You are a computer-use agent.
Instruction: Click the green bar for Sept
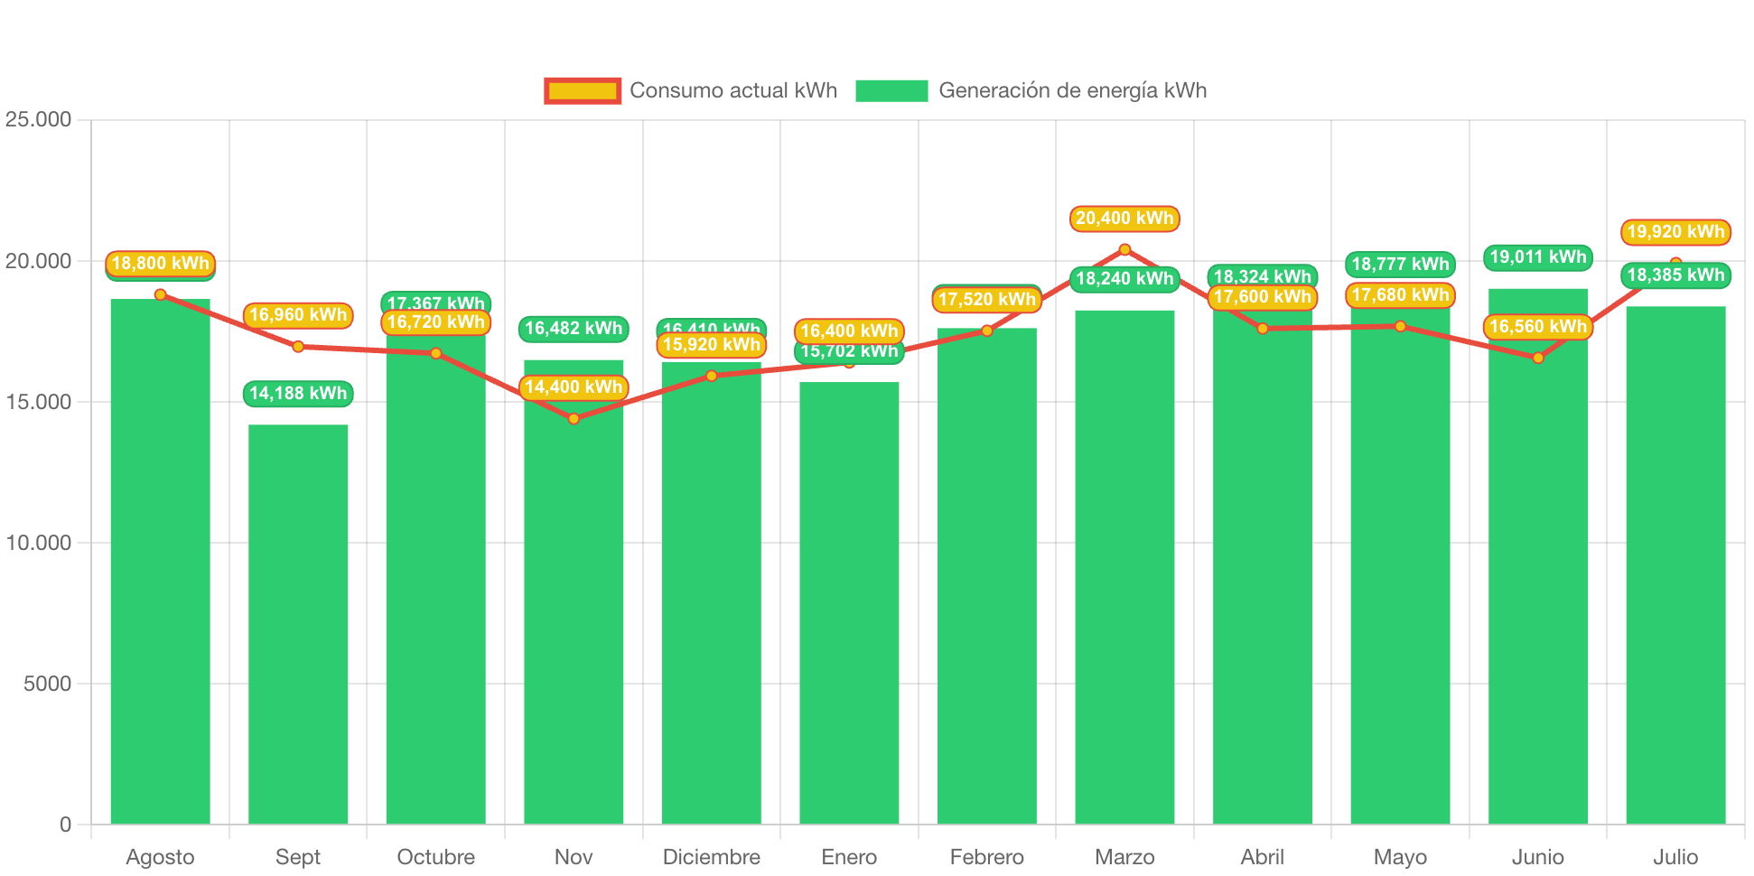tap(298, 623)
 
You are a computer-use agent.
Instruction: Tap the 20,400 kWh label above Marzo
tap(1124, 219)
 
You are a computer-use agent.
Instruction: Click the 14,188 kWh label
tap(298, 394)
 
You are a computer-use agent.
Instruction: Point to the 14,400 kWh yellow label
tap(574, 387)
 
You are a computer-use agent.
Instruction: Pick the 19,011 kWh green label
tap(1538, 257)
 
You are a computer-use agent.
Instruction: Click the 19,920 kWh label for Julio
tap(1675, 232)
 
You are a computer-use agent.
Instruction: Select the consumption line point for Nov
tap(574, 419)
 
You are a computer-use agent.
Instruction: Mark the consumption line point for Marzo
tap(1124, 249)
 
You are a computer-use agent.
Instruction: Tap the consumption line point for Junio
tap(1538, 358)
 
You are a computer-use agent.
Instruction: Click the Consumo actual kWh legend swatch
tap(583, 90)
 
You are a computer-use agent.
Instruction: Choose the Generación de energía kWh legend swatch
tap(891, 90)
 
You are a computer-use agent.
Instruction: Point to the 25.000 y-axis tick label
tap(38, 119)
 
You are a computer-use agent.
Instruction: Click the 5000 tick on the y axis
tap(47, 684)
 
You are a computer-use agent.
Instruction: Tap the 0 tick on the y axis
tap(65, 825)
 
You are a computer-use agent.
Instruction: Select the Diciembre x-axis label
tap(712, 857)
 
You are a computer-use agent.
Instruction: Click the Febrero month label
tap(987, 857)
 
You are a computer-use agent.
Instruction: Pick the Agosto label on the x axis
tap(160, 857)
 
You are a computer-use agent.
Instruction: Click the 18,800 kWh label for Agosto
tap(160, 264)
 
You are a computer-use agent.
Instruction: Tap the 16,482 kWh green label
tap(574, 329)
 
